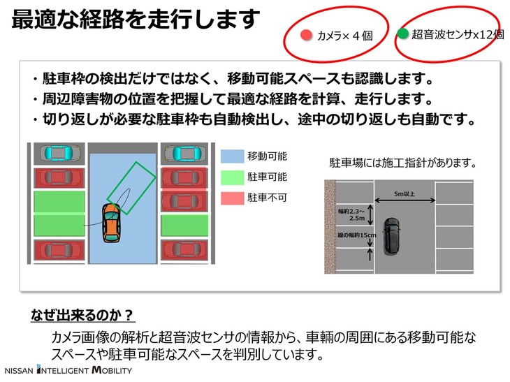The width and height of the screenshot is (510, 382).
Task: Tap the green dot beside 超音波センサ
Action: (402, 34)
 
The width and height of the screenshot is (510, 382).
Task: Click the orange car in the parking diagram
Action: (110, 223)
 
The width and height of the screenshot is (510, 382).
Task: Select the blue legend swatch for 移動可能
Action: (231, 156)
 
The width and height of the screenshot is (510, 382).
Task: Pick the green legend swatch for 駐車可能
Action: (231, 177)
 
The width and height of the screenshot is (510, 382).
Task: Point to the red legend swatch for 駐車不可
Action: (231, 198)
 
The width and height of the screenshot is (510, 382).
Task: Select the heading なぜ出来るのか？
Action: (82, 314)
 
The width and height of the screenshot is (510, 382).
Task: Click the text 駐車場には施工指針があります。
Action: (402, 163)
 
